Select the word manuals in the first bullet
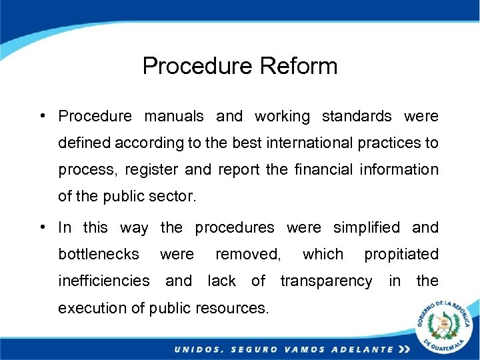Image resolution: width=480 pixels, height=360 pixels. pyautogui.click(x=174, y=116)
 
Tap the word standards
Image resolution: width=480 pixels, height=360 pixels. pyautogui.click(x=357, y=116)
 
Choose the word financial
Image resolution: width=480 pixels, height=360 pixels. pyautogui.click(x=323, y=169)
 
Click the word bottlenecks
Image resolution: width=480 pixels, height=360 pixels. pyautogui.click(x=99, y=254)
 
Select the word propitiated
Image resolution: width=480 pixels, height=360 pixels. pyautogui.click(x=401, y=254)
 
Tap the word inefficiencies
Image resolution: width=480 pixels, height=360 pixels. pyautogui.click(x=104, y=281)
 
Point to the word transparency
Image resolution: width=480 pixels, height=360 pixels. pyautogui.click(x=326, y=281)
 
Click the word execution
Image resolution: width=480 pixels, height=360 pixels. pyautogui.click(x=93, y=308)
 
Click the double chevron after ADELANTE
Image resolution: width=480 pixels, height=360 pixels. pyautogui.click(x=403, y=349)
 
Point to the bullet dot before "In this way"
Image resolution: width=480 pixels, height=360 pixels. pyautogui.click(x=42, y=227)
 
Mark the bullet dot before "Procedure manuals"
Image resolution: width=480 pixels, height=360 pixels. pyautogui.click(x=42, y=116)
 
